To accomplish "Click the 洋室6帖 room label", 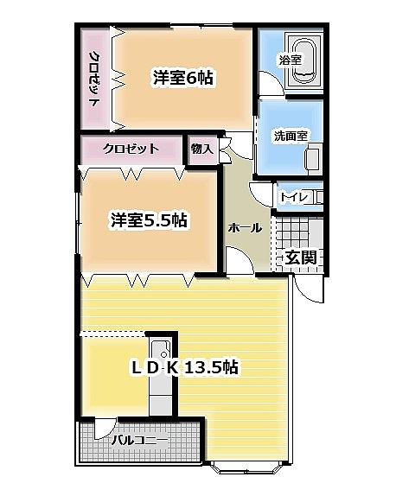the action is [x=182, y=78].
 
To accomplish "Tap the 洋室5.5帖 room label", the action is [x=149, y=220].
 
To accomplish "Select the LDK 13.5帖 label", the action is [x=184, y=367].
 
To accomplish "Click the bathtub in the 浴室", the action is [x=303, y=61].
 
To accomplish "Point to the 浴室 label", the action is [x=290, y=60].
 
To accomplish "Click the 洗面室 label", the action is [x=291, y=136].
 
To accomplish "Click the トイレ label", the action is [x=294, y=197].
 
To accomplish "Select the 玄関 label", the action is [x=301, y=258].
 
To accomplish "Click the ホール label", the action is [x=246, y=228].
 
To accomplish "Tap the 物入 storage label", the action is [x=202, y=149].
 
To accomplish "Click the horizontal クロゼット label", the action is [x=131, y=148].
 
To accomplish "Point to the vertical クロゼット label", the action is [x=94, y=79].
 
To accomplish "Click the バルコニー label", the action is [x=139, y=440].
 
